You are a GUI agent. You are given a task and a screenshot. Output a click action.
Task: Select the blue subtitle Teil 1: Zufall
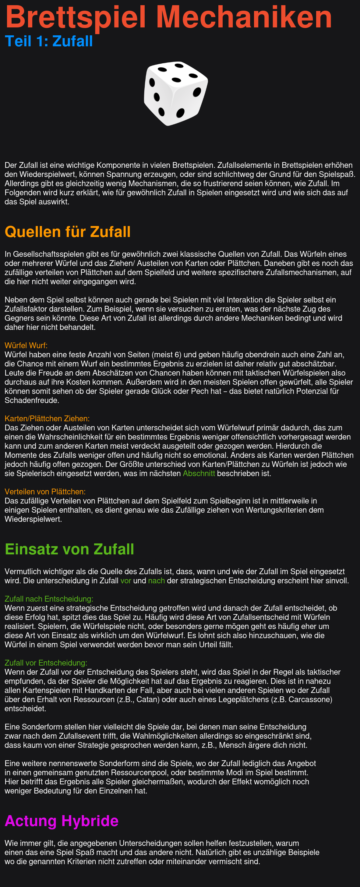[x=49, y=41]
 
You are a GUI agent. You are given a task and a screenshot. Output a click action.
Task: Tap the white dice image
[x=175, y=93]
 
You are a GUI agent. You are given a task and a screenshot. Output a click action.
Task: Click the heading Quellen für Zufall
[x=67, y=232]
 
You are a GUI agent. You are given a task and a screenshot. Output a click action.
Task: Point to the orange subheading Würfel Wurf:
[x=26, y=345]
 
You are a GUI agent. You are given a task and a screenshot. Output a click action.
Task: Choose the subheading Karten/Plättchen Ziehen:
[x=47, y=418]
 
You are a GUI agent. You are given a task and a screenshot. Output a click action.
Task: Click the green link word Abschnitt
[x=199, y=473]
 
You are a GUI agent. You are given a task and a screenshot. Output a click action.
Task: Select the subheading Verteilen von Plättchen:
[x=45, y=492]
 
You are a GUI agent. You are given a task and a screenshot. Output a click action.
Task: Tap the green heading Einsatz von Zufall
[x=69, y=549]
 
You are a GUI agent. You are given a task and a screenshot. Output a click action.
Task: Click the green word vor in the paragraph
[x=125, y=581]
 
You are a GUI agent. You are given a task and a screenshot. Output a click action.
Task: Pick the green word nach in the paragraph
[x=156, y=581]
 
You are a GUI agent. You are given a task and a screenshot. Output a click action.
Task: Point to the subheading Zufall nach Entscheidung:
[x=49, y=599]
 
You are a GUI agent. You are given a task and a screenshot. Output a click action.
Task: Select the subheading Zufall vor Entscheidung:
[x=46, y=663]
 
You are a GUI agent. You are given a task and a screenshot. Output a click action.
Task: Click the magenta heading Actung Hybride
[x=61, y=821]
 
